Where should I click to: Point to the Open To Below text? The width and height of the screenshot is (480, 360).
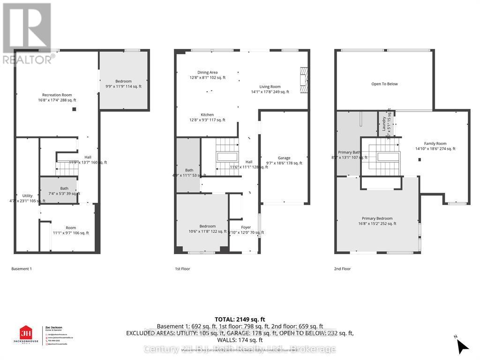[384, 84]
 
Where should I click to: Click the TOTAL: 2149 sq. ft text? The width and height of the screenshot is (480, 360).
[240, 318]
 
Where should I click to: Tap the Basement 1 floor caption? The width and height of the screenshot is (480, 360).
[22, 269]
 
